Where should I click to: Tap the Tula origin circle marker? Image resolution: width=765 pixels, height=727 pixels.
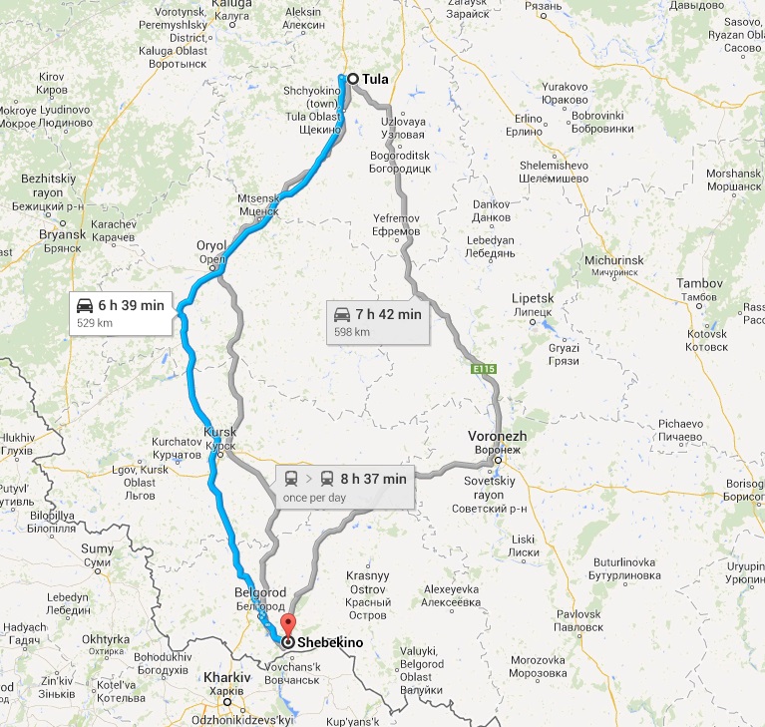click(352, 79)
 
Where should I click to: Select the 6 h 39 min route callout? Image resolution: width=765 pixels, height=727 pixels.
click(122, 312)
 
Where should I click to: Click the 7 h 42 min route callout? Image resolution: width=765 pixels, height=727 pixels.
click(378, 321)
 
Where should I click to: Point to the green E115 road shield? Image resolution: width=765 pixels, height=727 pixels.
click(484, 369)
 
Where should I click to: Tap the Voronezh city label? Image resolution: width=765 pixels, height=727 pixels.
click(497, 437)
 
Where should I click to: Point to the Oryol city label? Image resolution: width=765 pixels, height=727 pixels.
click(211, 245)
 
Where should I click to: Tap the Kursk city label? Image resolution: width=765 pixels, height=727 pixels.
click(219, 432)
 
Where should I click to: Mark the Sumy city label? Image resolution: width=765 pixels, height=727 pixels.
click(97, 548)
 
